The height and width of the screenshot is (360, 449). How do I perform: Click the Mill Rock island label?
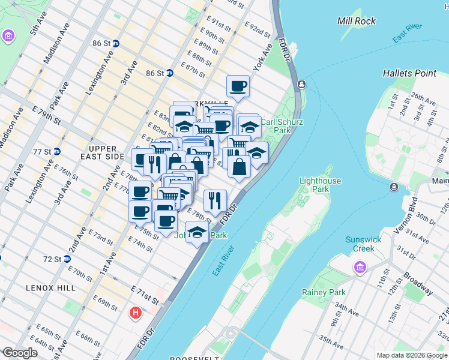click(x=357, y=21)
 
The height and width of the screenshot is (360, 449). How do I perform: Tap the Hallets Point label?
click(x=410, y=73)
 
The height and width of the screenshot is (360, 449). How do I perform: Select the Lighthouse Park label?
click(x=320, y=185)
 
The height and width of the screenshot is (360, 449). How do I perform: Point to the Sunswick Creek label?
click(x=363, y=244)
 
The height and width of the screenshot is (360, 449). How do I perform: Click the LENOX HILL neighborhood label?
click(x=50, y=288)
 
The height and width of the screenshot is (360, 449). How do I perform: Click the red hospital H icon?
click(x=136, y=313)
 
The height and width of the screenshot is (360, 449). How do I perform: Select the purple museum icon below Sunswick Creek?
click(x=360, y=267)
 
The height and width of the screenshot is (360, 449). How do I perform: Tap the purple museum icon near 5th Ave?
click(x=8, y=36)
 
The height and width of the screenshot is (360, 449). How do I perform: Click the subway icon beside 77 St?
click(x=56, y=151)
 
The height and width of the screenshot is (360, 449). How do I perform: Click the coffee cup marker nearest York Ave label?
click(x=238, y=85)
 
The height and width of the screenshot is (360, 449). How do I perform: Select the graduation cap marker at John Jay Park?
click(x=197, y=231)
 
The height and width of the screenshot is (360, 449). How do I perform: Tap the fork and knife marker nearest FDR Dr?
click(x=214, y=200)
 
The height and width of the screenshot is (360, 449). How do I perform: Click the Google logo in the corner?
click(x=20, y=353)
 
